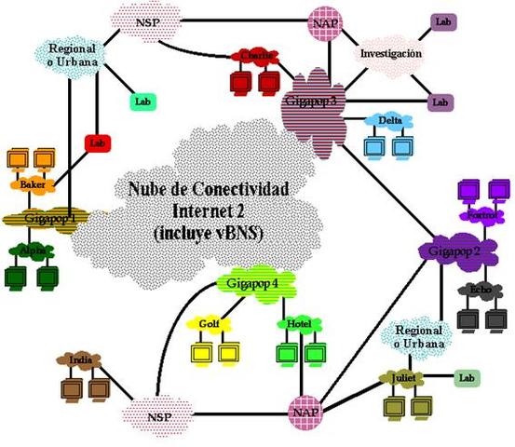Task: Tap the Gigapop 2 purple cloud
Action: point(449,251)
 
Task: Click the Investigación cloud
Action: point(391,54)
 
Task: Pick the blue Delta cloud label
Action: point(388,120)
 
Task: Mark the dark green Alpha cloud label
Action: point(31,251)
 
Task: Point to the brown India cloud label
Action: point(79,360)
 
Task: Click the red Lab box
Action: point(97,143)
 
